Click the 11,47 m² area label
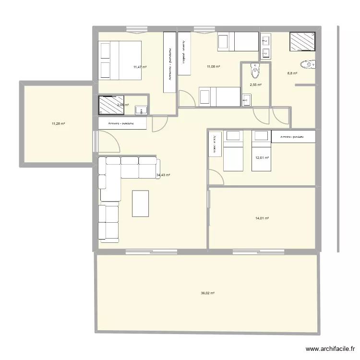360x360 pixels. point(140,67)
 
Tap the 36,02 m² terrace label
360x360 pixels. point(207,293)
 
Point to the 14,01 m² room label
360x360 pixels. point(262,218)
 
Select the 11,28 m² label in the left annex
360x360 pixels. point(58,123)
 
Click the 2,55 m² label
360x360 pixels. point(256,85)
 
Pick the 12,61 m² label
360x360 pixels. point(262,157)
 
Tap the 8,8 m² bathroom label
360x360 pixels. point(292,73)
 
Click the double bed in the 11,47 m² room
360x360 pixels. point(120,60)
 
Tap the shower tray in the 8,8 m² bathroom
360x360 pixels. point(303,41)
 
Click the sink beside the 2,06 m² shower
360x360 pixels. point(141,110)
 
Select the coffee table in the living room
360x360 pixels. point(140,204)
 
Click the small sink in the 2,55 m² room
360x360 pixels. point(247,100)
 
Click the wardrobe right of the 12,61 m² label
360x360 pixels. point(293,137)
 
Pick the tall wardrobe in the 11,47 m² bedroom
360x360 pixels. point(169,62)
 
